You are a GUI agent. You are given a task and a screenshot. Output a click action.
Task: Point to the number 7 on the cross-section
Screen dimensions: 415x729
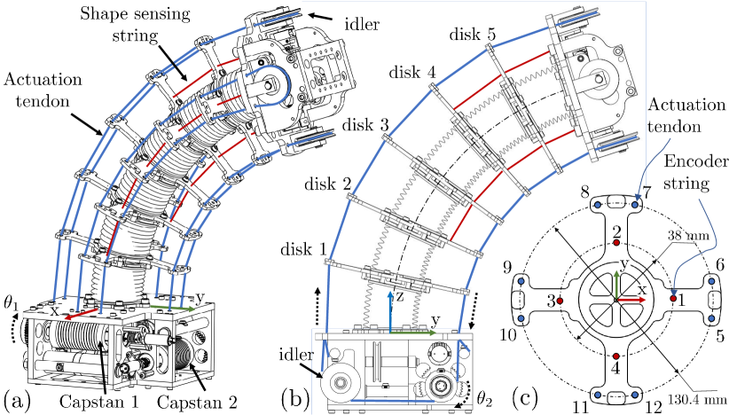pos(647,192)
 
